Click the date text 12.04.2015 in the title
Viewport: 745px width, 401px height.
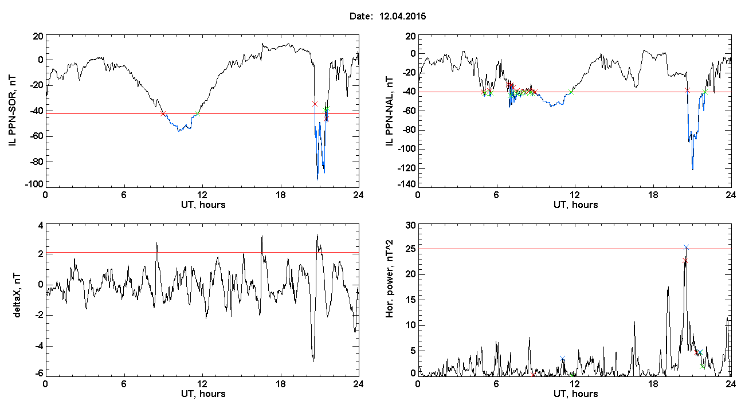coord(402,16)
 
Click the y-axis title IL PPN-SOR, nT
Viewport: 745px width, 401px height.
coord(12,111)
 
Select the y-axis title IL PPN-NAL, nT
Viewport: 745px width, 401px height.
coord(390,111)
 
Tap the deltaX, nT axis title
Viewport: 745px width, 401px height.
coord(17,296)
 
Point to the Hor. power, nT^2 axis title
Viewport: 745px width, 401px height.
coord(390,278)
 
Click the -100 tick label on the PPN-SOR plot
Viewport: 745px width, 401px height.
coord(34,184)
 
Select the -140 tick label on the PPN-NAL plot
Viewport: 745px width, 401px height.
coord(407,184)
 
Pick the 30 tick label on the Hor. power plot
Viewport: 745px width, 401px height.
coord(411,226)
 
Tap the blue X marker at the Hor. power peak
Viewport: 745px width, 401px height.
coord(686,247)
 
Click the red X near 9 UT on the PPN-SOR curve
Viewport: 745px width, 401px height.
coord(163,114)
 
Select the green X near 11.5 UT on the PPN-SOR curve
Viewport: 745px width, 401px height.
coord(197,114)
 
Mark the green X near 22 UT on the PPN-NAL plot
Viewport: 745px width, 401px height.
coord(705,92)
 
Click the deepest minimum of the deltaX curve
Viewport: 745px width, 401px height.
coord(313,361)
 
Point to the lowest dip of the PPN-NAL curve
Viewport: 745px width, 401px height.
coord(693,170)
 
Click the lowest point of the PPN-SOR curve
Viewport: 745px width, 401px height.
coord(317,180)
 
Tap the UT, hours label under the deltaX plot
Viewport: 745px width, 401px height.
coord(203,394)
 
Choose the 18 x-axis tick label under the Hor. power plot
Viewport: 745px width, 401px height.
coord(653,384)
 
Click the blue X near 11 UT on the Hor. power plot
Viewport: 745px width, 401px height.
coord(562,358)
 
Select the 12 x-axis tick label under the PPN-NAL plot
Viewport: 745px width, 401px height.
coord(575,195)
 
